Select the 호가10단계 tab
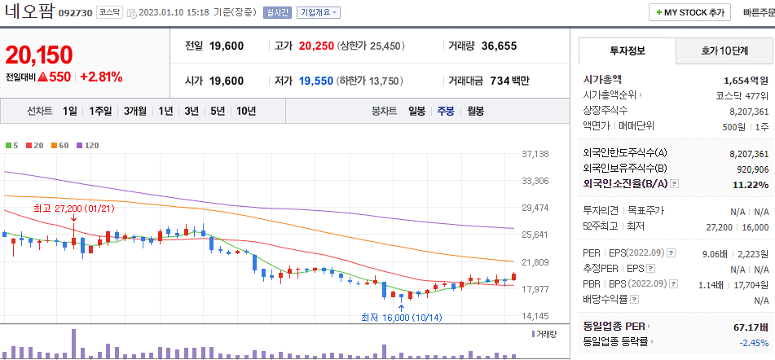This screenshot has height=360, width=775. click(724, 51)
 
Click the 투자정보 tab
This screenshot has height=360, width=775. click(627, 51)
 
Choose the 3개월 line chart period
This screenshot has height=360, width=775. click(135, 111)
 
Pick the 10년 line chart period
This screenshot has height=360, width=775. click(245, 111)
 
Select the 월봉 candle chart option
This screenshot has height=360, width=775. click(475, 111)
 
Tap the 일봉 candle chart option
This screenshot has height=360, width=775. click(416, 111)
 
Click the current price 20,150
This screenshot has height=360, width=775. click(39, 55)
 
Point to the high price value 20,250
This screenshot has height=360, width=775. click(316, 46)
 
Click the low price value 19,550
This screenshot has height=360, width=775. click(316, 81)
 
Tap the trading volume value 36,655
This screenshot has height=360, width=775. click(499, 46)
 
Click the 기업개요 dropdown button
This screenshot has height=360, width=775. click(319, 13)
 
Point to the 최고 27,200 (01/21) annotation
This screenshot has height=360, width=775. click(73, 209)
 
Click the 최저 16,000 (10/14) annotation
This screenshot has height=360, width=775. click(400, 318)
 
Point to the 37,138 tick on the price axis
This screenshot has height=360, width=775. click(535, 154)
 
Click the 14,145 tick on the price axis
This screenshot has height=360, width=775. click(535, 315)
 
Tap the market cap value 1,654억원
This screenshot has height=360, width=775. click(746, 80)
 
